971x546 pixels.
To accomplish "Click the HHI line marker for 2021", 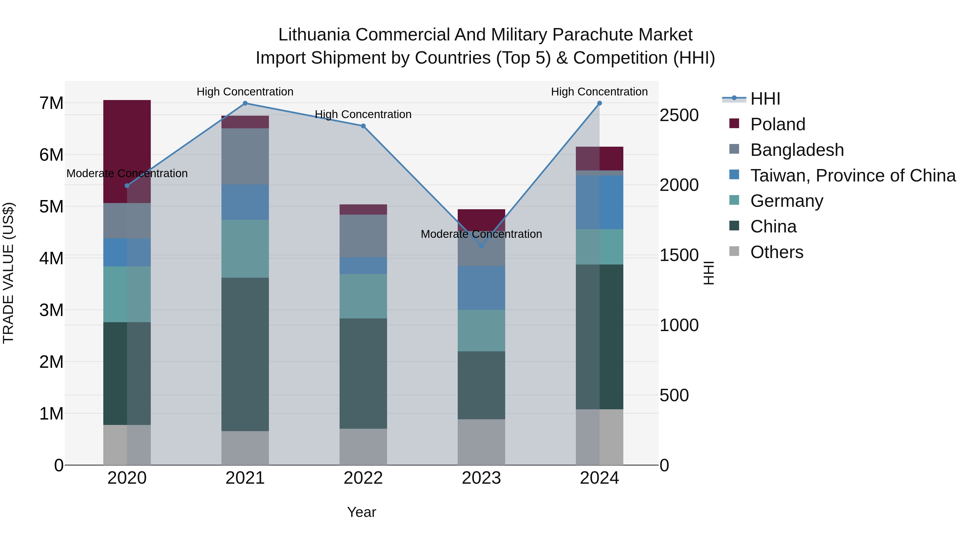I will [x=245, y=103].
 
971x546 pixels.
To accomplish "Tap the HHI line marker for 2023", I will [x=481, y=246].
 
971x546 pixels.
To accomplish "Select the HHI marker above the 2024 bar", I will [x=599, y=103].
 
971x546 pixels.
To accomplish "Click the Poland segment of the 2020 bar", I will [x=127, y=151].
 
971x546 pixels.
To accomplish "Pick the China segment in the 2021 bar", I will [x=245, y=354].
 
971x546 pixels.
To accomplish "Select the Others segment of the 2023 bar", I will [x=481, y=442].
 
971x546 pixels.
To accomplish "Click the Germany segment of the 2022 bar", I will [x=363, y=296].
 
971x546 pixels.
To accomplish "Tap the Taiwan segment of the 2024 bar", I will [x=599, y=202].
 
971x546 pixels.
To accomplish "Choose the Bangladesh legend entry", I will [x=797, y=150].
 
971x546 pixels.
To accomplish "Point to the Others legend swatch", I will [x=734, y=251].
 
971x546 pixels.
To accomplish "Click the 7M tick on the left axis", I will [x=51, y=103].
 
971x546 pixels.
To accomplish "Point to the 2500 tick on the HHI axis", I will [x=679, y=115].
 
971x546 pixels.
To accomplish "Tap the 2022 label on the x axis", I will [x=363, y=478].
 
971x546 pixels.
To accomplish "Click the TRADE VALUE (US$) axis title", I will [x=8, y=273].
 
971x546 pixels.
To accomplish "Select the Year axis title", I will [x=361, y=512].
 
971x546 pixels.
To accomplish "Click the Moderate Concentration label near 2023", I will [x=481, y=234].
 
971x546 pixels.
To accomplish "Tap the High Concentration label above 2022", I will [x=363, y=114].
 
